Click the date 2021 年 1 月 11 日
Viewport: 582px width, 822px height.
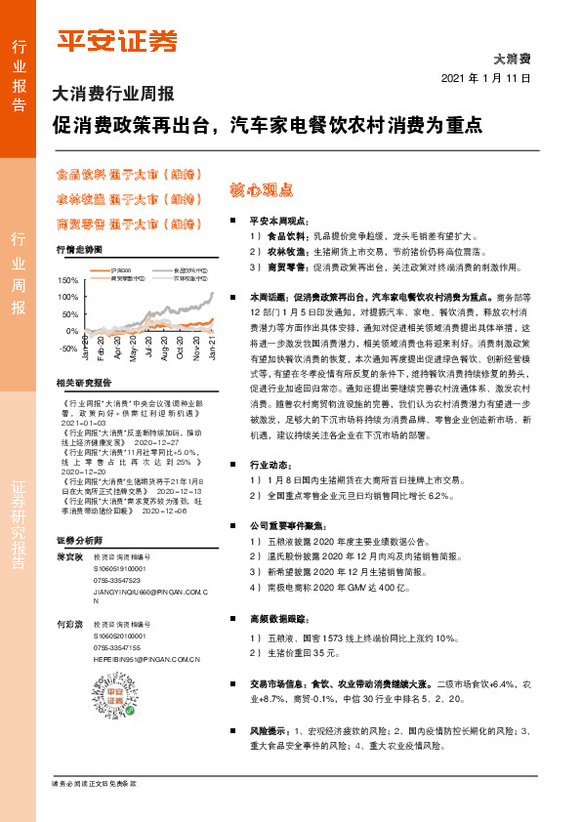(485, 77)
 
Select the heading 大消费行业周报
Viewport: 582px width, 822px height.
(111, 96)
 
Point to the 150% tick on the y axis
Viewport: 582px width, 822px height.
(68, 280)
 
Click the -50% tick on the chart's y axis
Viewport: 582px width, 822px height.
(68, 349)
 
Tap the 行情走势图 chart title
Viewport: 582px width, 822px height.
(78, 250)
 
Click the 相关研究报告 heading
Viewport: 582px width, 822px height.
(84, 382)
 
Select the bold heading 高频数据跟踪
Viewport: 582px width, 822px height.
(277, 618)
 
